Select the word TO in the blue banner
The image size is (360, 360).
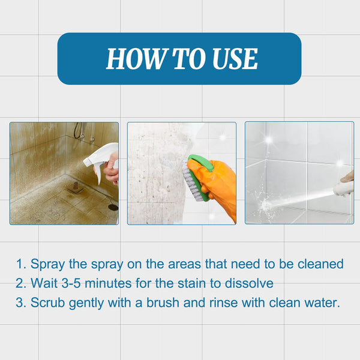tap(183, 59)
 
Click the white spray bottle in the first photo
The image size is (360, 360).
tap(98, 158)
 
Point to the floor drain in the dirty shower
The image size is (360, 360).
tap(113, 207)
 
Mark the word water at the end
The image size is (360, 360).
tap(322, 303)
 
